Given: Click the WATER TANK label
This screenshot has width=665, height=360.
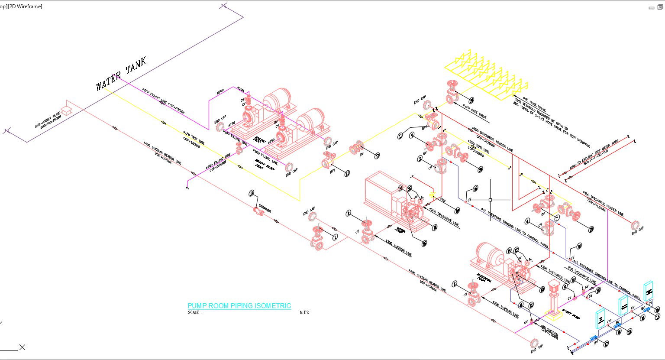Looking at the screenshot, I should pyautogui.click(x=121, y=74).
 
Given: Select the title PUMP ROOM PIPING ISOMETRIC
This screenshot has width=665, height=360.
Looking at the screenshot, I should pyautogui.click(x=239, y=306).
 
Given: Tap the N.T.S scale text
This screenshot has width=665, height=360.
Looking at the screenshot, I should pyautogui.click(x=304, y=312).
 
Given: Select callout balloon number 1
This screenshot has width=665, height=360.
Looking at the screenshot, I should pyautogui.click(x=335, y=237).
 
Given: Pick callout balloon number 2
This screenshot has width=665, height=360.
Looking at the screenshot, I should pyautogui.click(x=349, y=213).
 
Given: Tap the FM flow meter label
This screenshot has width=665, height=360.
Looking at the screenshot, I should pyautogui.click(x=362, y=154).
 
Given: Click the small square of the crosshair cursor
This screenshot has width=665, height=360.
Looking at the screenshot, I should pyautogui.click(x=490, y=200).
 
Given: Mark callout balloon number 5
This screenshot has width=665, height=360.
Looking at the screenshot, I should pyautogui.click(x=455, y=284).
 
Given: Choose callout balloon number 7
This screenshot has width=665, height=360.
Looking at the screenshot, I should pyautogui.click(x=557, y=218).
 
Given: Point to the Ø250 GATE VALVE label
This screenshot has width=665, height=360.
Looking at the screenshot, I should pyautogui.click(x=475, y=111).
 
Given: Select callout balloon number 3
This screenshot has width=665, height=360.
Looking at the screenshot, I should pyautogui.click(x=420, y=159).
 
